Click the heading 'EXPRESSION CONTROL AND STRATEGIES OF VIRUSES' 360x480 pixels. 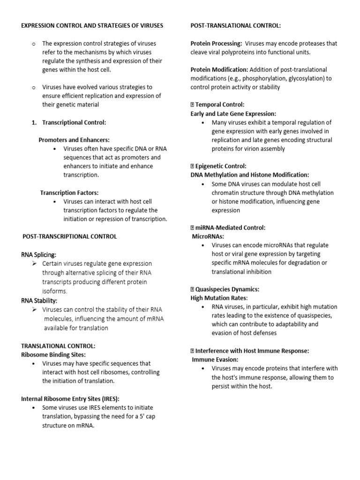pyautogui.click(x=92, y=25)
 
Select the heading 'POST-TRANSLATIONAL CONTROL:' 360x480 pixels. pyautogui.click(x=236, y=25)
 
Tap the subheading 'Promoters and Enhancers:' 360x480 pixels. pyautogui.click(x=74, y=140)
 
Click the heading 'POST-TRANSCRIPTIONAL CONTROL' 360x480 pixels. pyautogui.click(x=70, y=237)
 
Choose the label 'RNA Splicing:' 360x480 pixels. pyautogui.click(x=39, y=255)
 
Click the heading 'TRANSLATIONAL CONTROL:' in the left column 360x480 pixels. pyautogui.click(x=58, y=346)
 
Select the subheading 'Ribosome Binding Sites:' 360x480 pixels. pyautogui.click(x=53, y=355)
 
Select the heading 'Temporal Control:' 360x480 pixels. pyautogui.click(x=220, y=105)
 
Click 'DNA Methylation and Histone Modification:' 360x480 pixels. pyautogui.click(x=250, y=175)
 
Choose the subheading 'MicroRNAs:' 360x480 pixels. pyautogui.click(x=208, y=236)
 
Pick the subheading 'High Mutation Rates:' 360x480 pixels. pyautogui.click(x=219, y=298)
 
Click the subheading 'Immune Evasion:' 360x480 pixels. pyautogui.click(x=215, y=360)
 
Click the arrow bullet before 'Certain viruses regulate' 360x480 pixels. pyautogui.click(x=34, y=264)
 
